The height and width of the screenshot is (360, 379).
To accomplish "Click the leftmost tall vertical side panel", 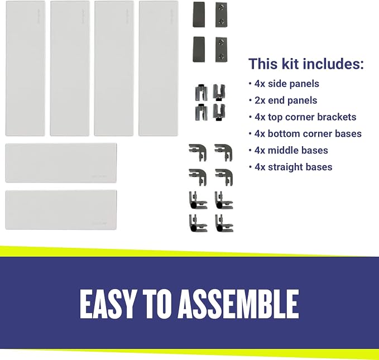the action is [25, 68].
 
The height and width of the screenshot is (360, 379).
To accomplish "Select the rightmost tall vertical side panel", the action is [159, 68].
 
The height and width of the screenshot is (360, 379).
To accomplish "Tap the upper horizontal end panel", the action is [61, 163].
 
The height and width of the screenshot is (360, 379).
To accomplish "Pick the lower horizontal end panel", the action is [61, 210].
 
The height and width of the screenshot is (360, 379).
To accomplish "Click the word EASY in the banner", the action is [107, 304].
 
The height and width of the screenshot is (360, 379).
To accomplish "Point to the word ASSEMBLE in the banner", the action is [238, 304].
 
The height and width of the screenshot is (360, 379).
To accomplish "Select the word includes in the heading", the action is [333, 64].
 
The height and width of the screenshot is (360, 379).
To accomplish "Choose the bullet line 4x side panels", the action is [287, 84].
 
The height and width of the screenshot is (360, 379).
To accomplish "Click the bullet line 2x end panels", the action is [286, 100].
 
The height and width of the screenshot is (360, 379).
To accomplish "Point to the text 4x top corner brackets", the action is [305, 117].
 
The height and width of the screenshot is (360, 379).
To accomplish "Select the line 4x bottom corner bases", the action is [308, 134].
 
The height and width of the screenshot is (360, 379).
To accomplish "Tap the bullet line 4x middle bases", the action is [291, 150].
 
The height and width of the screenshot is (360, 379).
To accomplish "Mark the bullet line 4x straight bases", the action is [293, 167].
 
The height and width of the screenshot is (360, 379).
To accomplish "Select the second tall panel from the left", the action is [70, 68].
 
